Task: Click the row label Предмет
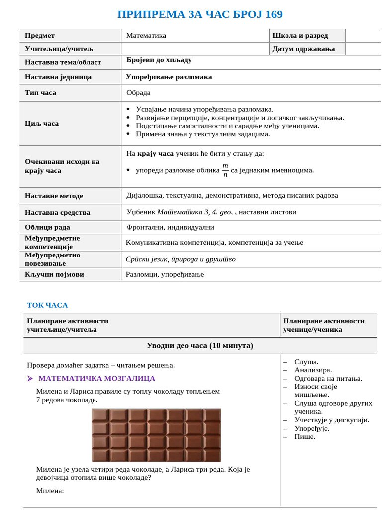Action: [x=40, y=36]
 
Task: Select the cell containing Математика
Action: [x=146, y=36]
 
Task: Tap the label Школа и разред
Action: [x=300, y=36]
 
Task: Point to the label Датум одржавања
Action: [x=303, y=49]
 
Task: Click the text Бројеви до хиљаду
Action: [x=159, y=60]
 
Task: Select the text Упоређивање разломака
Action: [x=169, y=77]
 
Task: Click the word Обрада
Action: [x=138, y=93]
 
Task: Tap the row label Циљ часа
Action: [x=42, y=124]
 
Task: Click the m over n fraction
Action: [x=225, y=170]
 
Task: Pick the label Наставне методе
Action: [x=54, y=196]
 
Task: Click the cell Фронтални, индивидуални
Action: [x=170, y=227]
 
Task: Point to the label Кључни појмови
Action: [x=54, y=274]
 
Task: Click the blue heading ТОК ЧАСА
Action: [x=47, y=305]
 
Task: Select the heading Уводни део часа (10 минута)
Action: [x=199, y=346]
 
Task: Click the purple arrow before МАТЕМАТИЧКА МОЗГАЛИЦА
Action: [x=30, y=379]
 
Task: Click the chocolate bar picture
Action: [x=156, y=435]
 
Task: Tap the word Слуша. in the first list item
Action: [x=306, y=362]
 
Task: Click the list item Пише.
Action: [x=304, y=437]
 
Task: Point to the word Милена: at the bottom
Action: [x=50, y=491]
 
